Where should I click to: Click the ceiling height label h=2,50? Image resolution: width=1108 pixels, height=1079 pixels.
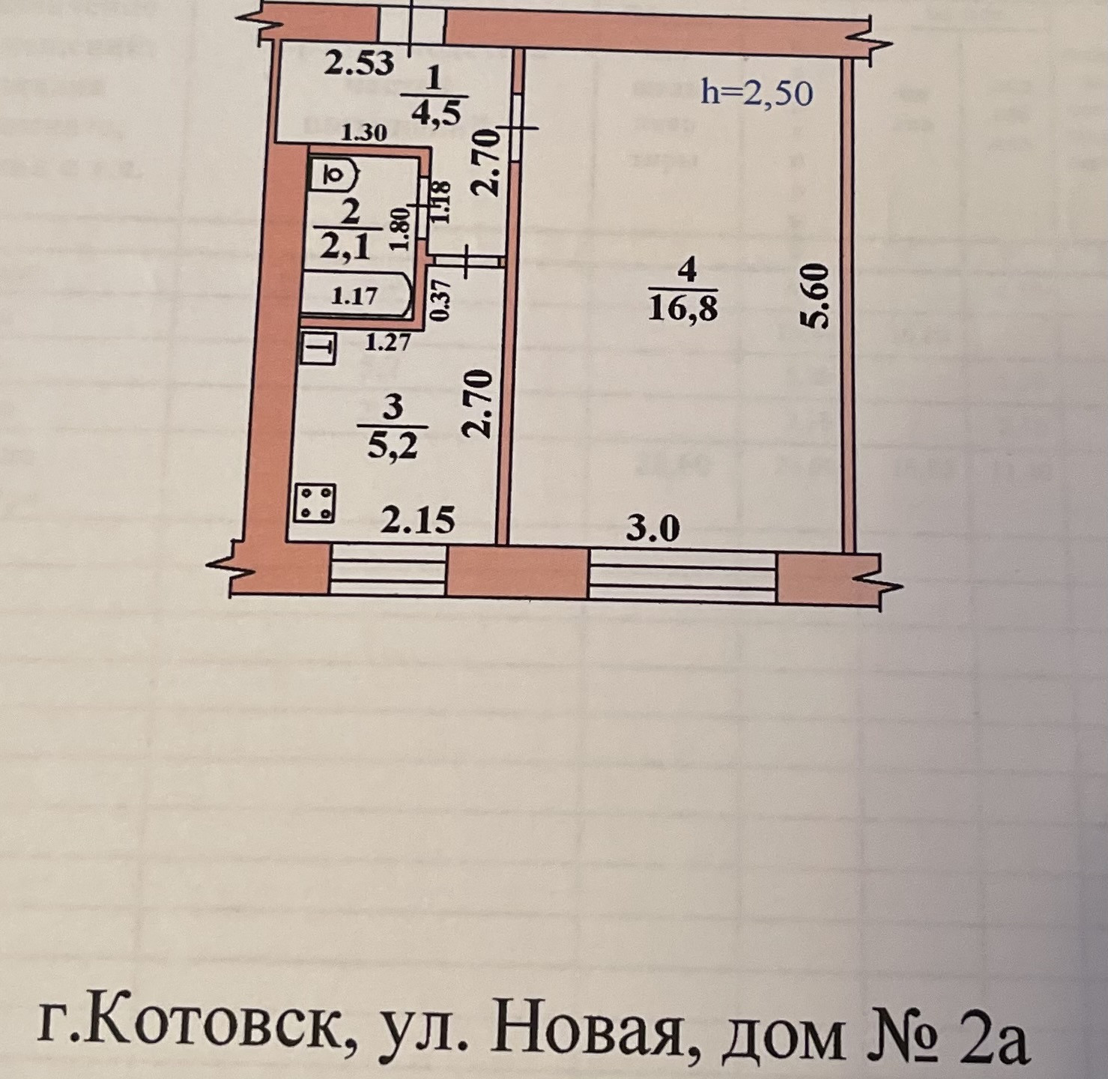click(756, 92)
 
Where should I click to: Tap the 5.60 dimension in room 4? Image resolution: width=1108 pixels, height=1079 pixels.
click(815, 296)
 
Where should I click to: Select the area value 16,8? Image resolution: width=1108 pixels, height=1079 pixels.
click(682, 307)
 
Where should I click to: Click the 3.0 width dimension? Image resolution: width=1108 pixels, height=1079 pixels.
click(653, 528)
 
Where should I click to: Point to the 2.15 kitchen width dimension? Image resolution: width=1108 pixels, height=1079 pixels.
click(417, 519)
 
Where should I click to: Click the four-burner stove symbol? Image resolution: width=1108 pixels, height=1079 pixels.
click(316, 503)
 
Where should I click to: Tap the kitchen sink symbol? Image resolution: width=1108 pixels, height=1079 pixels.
click(318, 348)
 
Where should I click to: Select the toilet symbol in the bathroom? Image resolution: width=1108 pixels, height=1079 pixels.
click(334, 176)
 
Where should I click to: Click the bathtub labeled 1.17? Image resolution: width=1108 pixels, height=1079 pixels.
click(355, 296)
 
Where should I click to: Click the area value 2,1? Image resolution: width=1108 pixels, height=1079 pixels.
click(345, 246)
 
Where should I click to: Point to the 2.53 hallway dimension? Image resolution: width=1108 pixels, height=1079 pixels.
click(359, 62)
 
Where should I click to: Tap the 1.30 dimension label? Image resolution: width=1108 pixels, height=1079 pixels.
click(364, 133)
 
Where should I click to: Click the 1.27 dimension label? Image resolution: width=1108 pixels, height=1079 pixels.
click(387, 342)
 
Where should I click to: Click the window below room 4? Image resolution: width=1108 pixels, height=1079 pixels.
click(682, 576)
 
